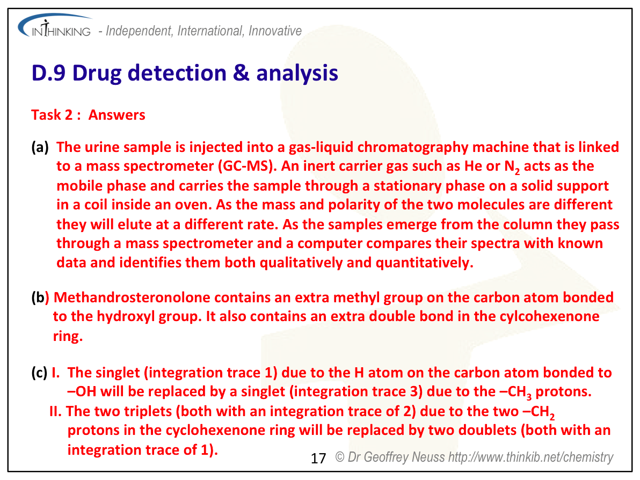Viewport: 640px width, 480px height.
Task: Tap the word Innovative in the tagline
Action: coord(275,31)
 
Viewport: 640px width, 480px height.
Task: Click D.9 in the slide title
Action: coord(48,73)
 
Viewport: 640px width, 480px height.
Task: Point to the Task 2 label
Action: coord(52,115)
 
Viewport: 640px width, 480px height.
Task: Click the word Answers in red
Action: coord(117,115)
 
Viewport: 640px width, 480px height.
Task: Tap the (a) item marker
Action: coord(40,147)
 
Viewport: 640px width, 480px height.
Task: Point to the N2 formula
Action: coord(512,167)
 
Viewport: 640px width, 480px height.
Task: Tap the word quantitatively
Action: coord(425,263)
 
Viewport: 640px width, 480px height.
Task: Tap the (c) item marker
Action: coord(39,373)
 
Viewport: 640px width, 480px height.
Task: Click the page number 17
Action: coord(318,459)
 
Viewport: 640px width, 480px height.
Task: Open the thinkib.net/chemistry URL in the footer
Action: coord(530,457)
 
